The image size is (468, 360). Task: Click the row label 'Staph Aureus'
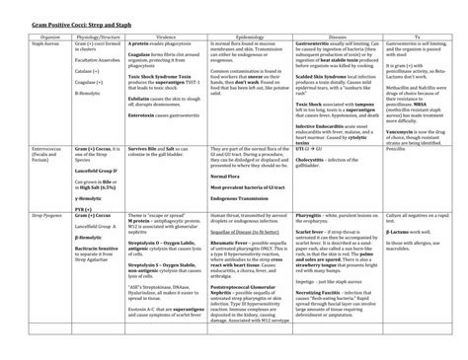(x=47, y=44)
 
